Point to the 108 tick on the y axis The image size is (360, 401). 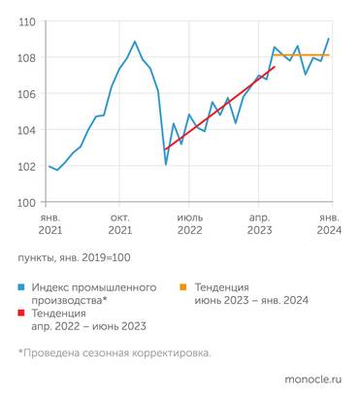click(x=26, y=57)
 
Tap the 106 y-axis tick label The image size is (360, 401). click(x=26, y=94)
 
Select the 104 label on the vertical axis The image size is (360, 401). click(x=26, y=130)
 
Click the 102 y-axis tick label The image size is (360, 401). click(x=26, y=166)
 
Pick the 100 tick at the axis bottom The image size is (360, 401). click(x=26, y=202)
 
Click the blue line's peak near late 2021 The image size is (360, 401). click(x=135, y=42)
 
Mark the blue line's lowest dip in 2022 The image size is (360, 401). click(x=166, y=164)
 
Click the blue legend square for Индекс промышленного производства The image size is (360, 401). click(x=22, y=288)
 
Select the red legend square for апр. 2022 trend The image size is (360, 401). click(x=22, y=314)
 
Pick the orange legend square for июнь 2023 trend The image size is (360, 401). click(x=185, y=288)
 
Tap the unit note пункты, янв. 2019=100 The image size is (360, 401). click(x=73, y=257)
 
